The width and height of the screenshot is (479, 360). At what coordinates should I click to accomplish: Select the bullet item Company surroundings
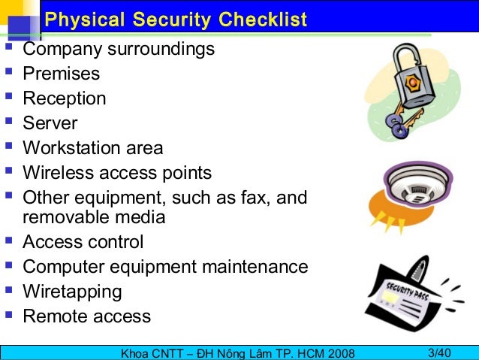pos(119,50)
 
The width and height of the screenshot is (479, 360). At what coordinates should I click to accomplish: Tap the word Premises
pos(61,74)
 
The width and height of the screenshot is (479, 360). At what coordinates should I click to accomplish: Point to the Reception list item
pos(65,98)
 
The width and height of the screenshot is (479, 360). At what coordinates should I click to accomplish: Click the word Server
pos(50,123)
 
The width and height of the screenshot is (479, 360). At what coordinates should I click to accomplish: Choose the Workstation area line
pos(92,148)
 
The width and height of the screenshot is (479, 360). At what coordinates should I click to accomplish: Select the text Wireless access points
pos(117,173)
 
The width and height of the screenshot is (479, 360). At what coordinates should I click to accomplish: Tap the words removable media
pos(94,218)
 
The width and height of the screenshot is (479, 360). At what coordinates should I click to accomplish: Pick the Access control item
pos(83,242)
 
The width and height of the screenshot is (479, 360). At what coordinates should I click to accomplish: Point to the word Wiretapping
pos(72,292)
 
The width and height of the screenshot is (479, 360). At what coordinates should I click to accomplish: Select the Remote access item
pos(86,316)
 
